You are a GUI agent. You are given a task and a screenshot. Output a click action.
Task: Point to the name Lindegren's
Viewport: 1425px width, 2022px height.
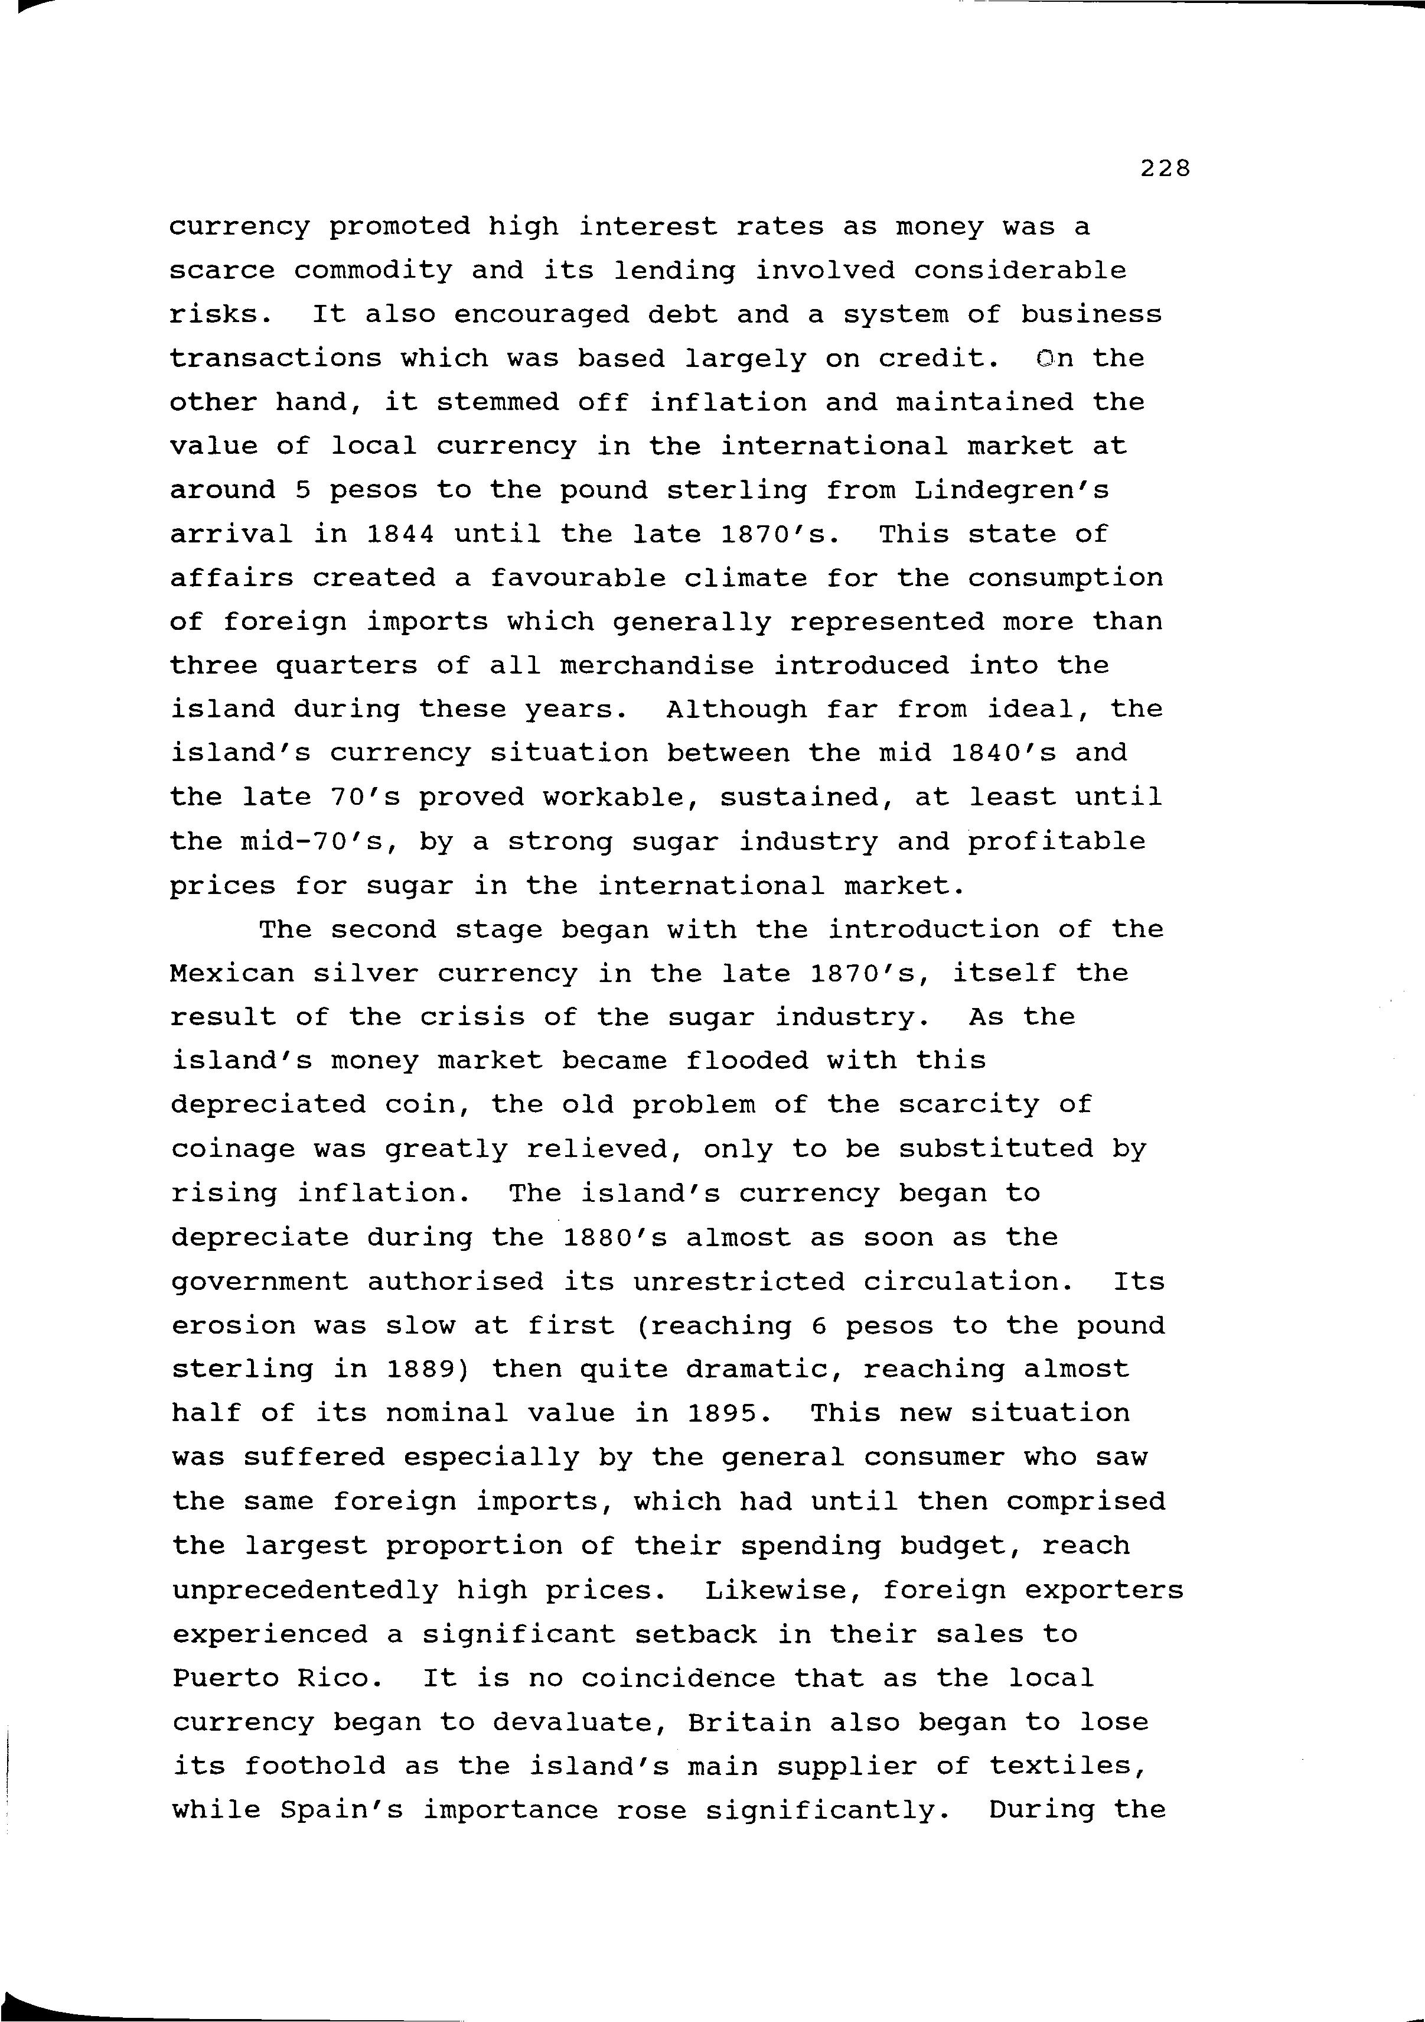click(x=1011, y=490)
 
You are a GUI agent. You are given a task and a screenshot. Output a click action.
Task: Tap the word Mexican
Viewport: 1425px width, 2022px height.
click(x=231, y=973)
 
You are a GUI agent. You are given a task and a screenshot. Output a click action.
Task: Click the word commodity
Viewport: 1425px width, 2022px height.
click(x=372, y=271)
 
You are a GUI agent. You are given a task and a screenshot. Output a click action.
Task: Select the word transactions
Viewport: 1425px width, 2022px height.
click(x=276, y=359)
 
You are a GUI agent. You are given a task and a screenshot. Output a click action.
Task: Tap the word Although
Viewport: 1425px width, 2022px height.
click(x=736, y=709)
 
